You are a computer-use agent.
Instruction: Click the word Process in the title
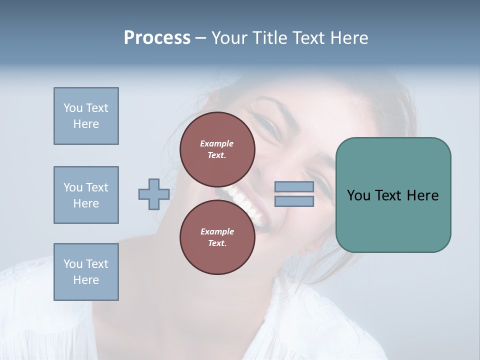click(x=157, y=38)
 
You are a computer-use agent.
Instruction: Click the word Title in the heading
click(x=269, y=38)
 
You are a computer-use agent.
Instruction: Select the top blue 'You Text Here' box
click(x=86, y=116)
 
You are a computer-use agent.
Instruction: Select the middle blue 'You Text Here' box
click(x=86, y=195)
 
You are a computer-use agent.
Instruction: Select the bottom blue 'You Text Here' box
click(x=86, y=272)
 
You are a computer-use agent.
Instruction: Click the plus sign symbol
click(x=154, y=194)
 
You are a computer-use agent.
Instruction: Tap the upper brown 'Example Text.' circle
click(x=217, y=149)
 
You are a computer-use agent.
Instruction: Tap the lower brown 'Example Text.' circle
click(x=217, y=237)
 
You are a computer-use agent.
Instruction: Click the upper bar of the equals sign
click(x=294, y=186)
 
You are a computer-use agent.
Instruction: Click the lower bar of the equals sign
click(x=294, y=201)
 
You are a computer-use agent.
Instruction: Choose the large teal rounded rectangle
click(x=393, y=225)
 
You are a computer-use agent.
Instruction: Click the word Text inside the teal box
click(x=392, y=195)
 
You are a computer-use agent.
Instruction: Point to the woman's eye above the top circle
click(x=270, y=127)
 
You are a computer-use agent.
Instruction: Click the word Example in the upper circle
click(x=217, y=143)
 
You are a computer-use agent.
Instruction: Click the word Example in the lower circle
click(x=217, y=231)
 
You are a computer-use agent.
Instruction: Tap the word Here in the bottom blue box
click(x=86, y=280)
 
